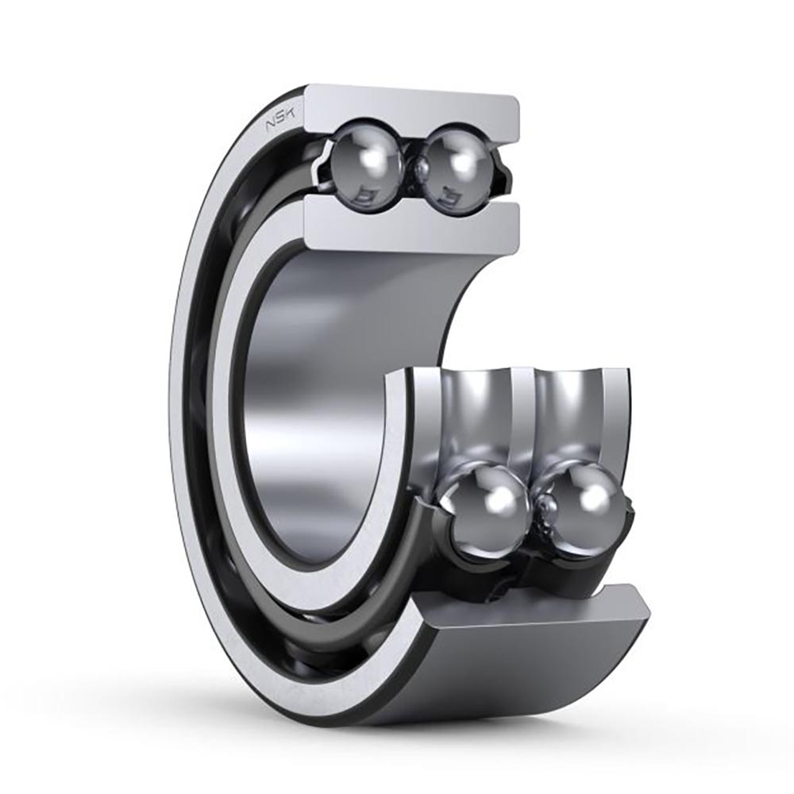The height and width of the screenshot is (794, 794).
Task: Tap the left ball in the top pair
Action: [x=366, y=159]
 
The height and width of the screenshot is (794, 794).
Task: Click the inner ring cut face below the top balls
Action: [x=413, y=225]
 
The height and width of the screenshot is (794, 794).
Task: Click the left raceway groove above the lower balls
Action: [x=472, y=413]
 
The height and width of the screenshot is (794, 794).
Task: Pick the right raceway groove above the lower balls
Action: [x=572, y=413]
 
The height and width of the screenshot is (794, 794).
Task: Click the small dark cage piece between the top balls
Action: [x=412, y=164]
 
